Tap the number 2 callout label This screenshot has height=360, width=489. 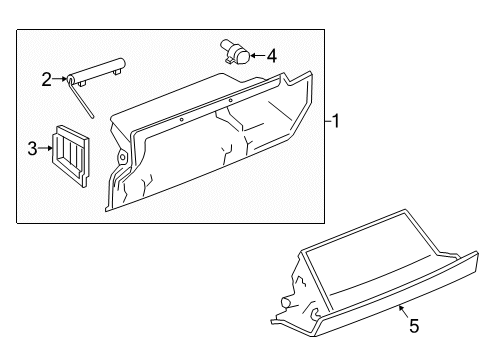pyautogui.click(x=46, y=79)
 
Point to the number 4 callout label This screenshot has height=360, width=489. pyautogui.click(x=272, y=56)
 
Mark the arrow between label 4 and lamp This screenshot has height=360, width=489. pyautogui.click(x=255, y=56)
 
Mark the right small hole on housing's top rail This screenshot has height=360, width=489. pyautogui.click(x=231, y=101)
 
